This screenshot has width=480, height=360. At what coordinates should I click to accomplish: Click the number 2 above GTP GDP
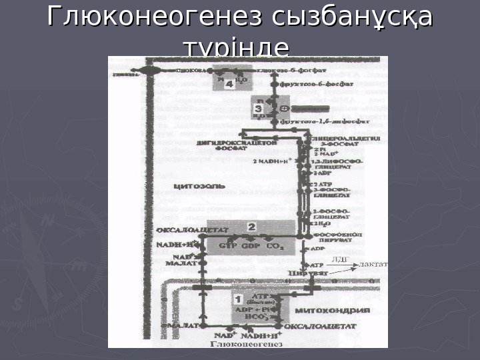[251, 227]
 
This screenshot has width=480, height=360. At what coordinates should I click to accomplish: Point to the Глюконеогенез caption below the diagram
[246, 345]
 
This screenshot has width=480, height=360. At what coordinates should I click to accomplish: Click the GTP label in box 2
[228, 245]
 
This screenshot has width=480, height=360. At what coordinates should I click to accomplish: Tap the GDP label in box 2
[252, 245]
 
